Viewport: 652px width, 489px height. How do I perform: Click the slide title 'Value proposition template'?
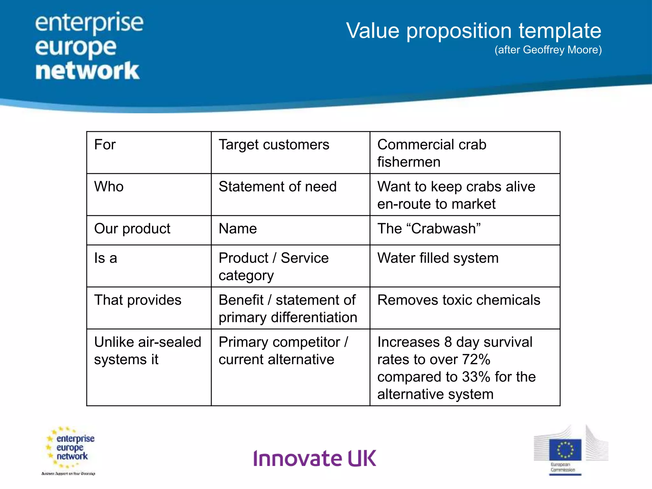(x=473, y=31)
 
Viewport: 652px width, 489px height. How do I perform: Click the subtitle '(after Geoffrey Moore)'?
(x=548, y=50)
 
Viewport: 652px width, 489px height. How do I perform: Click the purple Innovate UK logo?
(x=315, y=458)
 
